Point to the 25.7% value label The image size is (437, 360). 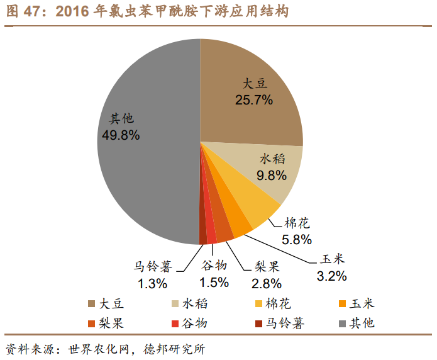coord(254,99)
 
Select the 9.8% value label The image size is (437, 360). coord(272,175)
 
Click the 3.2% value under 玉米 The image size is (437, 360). coord(332,275)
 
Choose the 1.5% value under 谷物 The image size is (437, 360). coord(214,283)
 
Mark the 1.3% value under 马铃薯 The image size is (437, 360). coord(153,283)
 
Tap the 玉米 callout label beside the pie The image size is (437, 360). coord(332,259)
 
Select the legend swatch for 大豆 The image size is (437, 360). coord(92,305)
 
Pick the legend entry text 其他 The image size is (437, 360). coord(363,324)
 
